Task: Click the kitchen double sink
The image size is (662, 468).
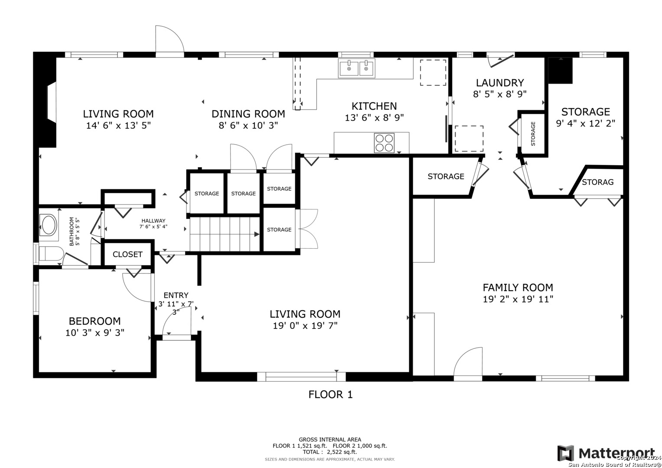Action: pos(357,68)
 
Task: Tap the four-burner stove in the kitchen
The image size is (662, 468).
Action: pos(384,143)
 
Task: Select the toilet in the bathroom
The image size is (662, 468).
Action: pos(51,254)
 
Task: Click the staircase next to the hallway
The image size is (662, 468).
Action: pos(225,234)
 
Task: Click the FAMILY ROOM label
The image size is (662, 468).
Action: pos(518,287)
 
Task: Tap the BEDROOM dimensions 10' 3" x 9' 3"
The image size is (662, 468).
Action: pos(95,333)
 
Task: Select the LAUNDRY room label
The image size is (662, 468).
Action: pos(500,83)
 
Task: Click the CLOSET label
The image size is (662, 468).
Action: pos(127,254)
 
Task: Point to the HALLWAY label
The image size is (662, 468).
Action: pos(153,221)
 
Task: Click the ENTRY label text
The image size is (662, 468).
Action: pos(176,295)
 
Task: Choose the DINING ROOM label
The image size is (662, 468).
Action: pos(248,114)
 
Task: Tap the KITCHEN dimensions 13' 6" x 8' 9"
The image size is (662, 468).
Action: pos(374,117)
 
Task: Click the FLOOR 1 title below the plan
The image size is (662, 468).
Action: pos(331,394)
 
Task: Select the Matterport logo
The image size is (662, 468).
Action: pos(606,453)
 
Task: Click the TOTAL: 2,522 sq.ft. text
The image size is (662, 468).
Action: pos(330,452)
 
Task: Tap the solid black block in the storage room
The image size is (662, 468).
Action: pos(560,71)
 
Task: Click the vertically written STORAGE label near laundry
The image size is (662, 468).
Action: pos(533,133)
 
